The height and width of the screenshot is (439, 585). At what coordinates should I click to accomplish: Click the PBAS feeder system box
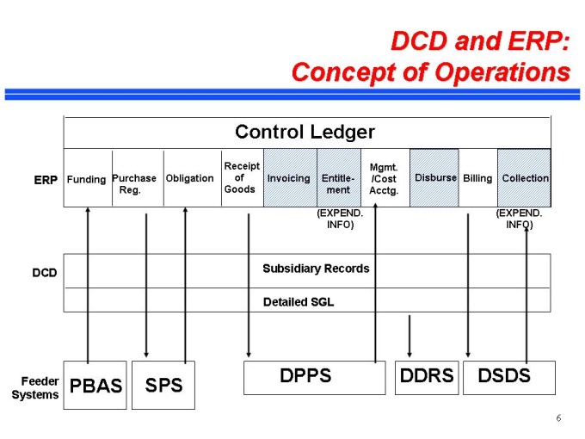[x=95, y=386]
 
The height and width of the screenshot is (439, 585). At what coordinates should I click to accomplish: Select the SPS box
[x=163, y=385]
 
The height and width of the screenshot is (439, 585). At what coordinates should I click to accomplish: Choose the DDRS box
[x=427, y=377]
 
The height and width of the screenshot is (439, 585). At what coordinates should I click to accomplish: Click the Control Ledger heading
[x=305, y=133]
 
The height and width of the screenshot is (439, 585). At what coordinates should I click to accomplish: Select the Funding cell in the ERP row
[x=86, y=179]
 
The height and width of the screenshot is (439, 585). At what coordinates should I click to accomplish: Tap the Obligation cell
[x=189, y=178]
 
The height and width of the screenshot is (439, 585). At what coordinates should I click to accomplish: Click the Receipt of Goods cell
[x=242, y=177]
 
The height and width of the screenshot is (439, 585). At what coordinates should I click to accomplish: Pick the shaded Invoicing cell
[x=289, y=178]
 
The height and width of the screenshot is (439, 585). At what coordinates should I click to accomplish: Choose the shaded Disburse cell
[x=435, y=178]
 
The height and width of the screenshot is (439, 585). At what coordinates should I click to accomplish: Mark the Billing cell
[x=477, y=178]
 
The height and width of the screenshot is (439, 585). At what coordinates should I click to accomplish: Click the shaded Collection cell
[x=525, y=178]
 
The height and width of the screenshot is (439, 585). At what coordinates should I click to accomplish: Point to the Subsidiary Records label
[x=316, y=269]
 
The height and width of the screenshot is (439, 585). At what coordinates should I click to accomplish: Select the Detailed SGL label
[x=298, y=301]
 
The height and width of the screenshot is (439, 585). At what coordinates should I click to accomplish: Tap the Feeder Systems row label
[x=35, y=388]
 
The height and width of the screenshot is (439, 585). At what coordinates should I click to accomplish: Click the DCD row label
[x=45, y=273]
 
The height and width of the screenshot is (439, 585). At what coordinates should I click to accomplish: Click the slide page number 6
[x=558, y=418]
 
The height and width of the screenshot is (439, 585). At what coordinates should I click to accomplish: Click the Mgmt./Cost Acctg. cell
[x=384, y=178]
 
